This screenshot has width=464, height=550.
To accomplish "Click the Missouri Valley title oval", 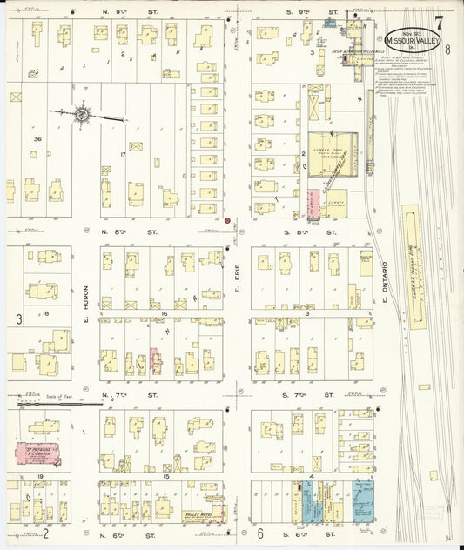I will (412, 41).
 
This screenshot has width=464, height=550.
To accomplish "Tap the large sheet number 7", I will (440, 23).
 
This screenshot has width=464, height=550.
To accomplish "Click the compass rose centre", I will (82, 113).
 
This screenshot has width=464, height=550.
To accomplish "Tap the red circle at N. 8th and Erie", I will (226, 221).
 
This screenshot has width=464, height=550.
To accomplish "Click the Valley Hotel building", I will (201, 513).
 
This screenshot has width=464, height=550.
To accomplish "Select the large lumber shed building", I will (331, 155).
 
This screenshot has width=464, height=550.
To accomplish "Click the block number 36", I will (37, 138).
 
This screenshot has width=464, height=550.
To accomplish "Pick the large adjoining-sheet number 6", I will (260, 533).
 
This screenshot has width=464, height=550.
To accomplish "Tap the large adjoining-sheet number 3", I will (18, 319).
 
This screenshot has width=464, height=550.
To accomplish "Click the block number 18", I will (45, 312).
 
